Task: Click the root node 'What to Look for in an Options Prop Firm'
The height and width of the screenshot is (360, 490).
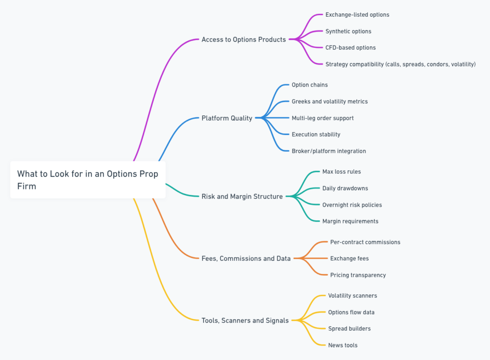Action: coord(88,180)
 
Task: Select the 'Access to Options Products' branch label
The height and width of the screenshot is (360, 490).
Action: coord(244,40)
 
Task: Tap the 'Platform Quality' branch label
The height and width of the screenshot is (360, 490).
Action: coord(227,118)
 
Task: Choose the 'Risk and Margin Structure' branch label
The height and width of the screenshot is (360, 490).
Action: coord(242,196)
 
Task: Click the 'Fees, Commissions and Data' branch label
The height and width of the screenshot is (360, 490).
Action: coord(246,259)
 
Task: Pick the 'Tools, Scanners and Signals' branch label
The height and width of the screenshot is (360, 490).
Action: coord(245,320)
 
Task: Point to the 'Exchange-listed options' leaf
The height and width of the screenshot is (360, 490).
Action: coord(357,15)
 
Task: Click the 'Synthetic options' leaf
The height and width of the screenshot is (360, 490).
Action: coord(348,31)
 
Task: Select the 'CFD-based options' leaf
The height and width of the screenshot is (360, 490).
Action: coord(350,48)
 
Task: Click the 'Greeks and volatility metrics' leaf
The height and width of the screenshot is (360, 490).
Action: coord(330,101)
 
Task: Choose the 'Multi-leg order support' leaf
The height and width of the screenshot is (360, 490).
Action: coord(323,118)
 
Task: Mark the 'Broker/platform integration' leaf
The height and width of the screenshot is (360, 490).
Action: coord(329,151)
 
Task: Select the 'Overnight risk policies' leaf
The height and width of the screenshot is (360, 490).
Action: coord(352,205)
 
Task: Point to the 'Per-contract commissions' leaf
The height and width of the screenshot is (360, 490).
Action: coord(365,242)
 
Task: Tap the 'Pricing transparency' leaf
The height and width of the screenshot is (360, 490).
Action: coord(358,275)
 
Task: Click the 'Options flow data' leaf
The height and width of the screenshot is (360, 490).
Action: coord(351,312)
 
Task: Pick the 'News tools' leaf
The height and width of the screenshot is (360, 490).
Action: coord(343,345)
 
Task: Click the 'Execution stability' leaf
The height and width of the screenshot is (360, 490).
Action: coord(316,135)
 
